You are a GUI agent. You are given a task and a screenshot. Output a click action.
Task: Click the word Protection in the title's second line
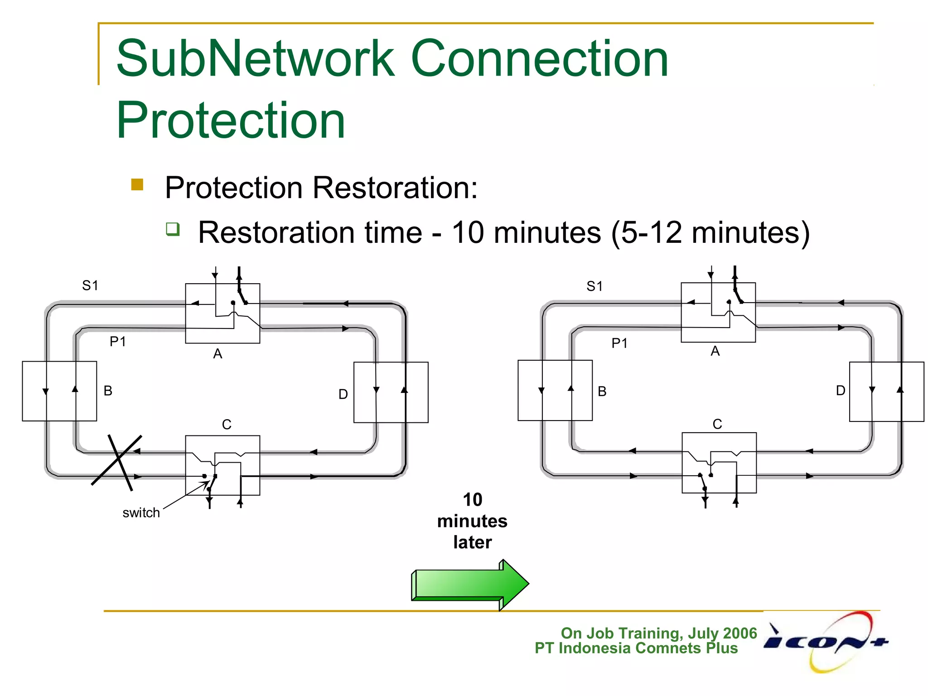tap(231, 121)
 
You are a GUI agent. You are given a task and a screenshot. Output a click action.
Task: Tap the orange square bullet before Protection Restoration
tap(137, 184)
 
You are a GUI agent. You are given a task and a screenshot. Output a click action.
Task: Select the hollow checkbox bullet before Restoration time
tap(173, 229)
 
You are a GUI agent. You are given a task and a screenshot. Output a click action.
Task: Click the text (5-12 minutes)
tap(710, 232)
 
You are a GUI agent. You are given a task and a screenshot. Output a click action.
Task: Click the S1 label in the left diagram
tap(90, 285)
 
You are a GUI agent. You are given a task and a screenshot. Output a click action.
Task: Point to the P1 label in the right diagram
tap(619, 343)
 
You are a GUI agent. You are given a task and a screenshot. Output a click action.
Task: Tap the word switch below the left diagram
tap(141, 513)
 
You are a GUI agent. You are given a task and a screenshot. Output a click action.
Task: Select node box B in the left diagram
tap(59, 391)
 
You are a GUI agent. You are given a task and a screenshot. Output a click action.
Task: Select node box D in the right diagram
tap(886, 392)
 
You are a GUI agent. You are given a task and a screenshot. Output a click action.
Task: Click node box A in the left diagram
tap(222, 314)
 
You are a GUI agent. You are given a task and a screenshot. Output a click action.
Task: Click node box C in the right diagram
tap(719, 463)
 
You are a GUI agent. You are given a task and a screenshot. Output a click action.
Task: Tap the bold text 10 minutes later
tap(472, 521)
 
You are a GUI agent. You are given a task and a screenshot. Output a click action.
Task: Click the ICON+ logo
tap(826, 642)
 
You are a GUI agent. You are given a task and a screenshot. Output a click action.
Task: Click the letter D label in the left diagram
tap(343, 394)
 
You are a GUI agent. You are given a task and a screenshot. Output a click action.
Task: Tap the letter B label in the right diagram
tap(602, 391)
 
